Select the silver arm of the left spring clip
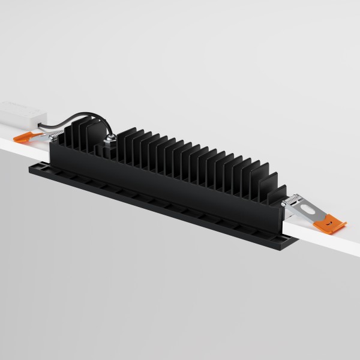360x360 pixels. (x=45, y=137)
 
